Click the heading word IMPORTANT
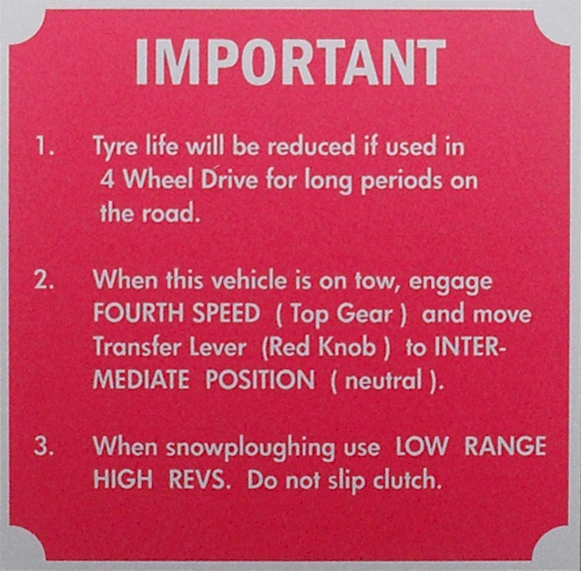click(290, 62)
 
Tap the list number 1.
click(45, 145)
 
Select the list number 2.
click(44, 280)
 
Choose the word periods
click(401, 182)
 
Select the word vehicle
click(249, 280)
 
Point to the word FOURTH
click(139, 313)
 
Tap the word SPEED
click(226, 313)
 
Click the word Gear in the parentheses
click(364, 314)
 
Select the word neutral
click(383, 380)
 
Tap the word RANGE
click(505, 446)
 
